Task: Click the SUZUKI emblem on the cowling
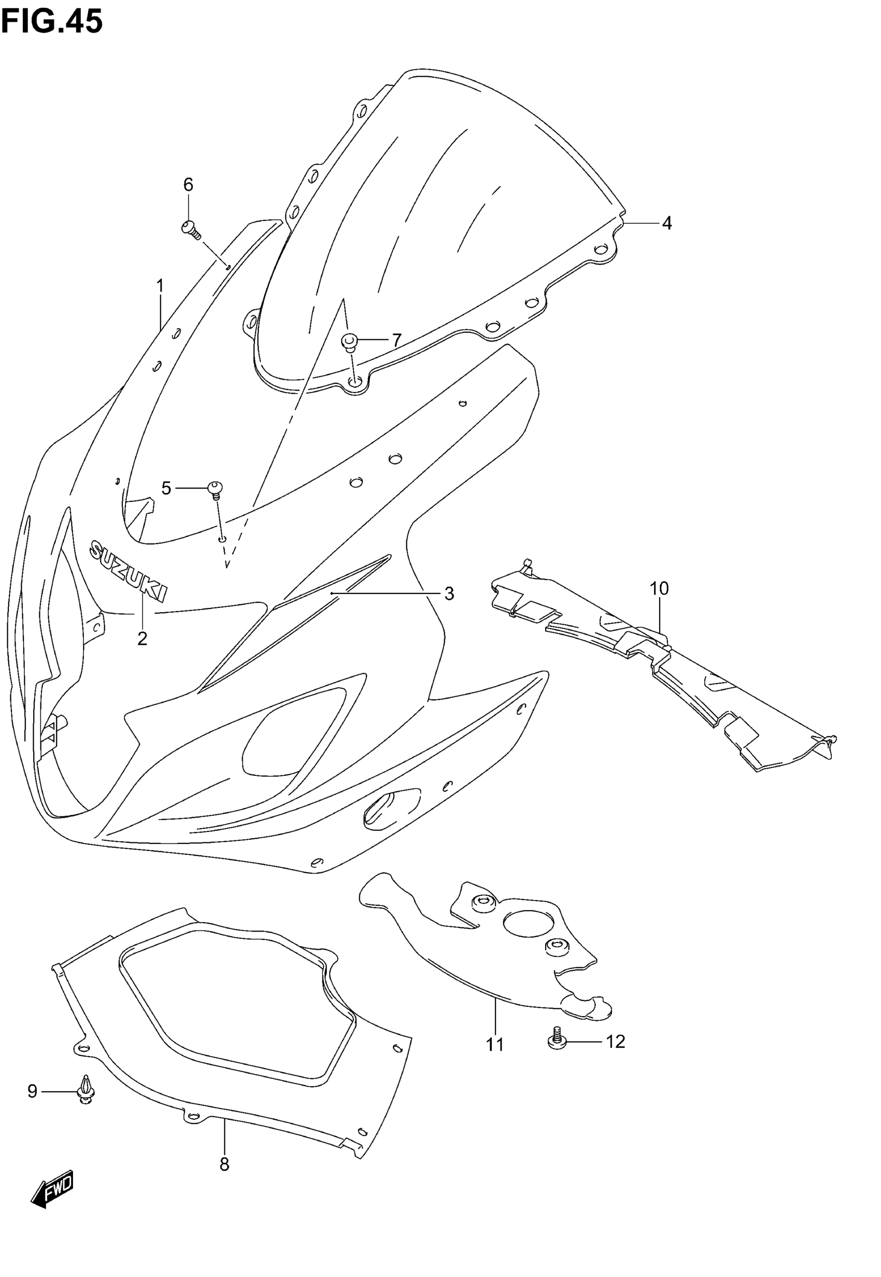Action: (129, 571)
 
